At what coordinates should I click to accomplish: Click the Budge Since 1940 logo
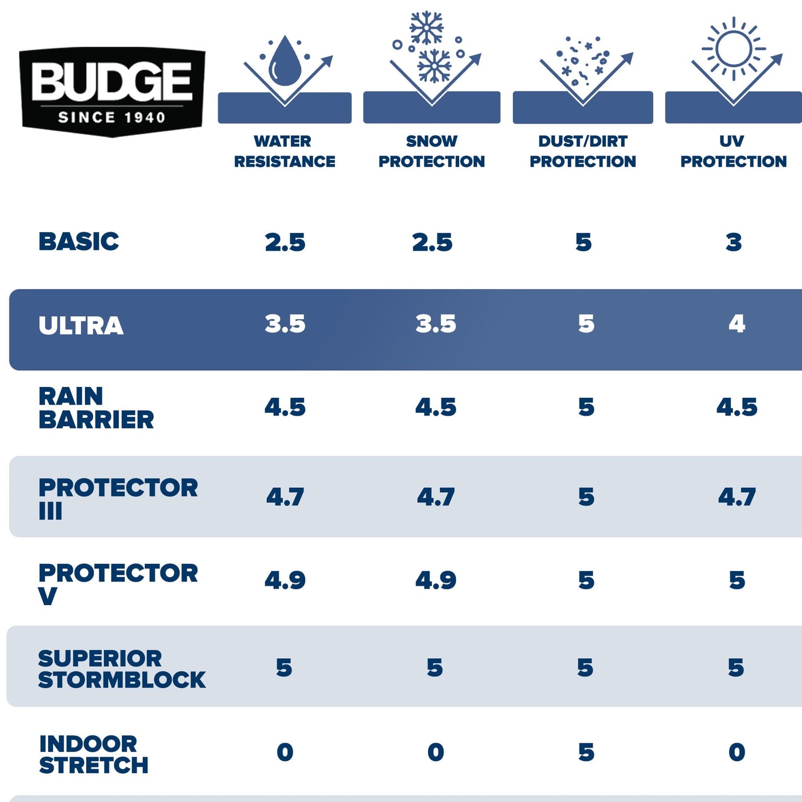[x=112, y=92]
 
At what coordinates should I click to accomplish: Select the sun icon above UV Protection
[x=733, y=48]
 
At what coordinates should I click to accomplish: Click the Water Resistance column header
[x=284, y=151]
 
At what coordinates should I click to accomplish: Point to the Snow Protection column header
[x=431, y=151]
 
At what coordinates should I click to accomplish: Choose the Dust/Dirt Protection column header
[x=583, y=151]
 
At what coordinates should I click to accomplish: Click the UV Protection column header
[x=733, y=151]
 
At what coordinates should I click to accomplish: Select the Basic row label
[x=79, y=242]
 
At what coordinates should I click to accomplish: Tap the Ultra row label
[x=81, y=326]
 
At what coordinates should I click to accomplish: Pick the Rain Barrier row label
[x=96, y=408]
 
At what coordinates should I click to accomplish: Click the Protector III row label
[x=118, y=498]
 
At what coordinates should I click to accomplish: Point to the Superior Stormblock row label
[x=122, y=669]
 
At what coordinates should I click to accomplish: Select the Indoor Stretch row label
[x=93, y=754]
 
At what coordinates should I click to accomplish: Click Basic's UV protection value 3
[x=734, y=243]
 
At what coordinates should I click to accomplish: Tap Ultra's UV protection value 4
[x=737, y=324]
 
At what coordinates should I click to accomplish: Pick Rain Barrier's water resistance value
[x=285, y=407]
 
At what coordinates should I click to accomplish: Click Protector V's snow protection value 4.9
[x=436, y=581]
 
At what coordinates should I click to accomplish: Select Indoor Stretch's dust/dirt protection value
[x=586, y=753]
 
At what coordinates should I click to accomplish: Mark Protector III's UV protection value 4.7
[x=737, y=497]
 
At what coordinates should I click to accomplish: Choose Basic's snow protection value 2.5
[x=432, y=243]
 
